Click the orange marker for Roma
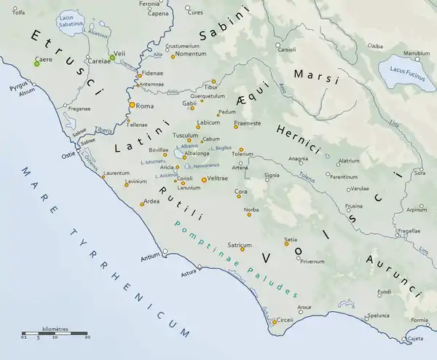coord(132,106)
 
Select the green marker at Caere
coord(36,64)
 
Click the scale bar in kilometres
coord(55,335)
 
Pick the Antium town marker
coord(165,251)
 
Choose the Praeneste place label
coord(248,122)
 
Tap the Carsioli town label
coord(286,50)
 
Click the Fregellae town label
coord(409,230)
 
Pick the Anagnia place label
coord(298,158)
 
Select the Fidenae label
coord(153,74)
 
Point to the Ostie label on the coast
coord(67,155)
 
